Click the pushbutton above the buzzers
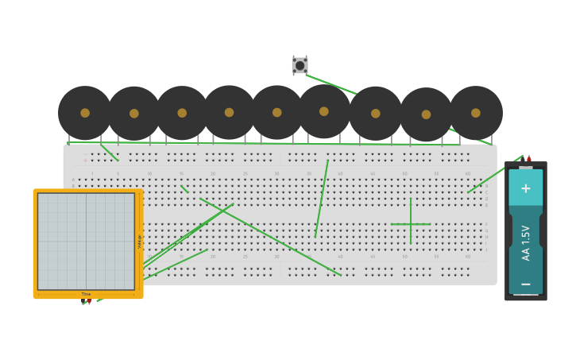coord(300,65)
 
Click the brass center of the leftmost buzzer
coord(85,113)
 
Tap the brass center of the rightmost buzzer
coord(476,113)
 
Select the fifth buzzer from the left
coord(277,112)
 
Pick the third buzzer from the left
coord(182,113)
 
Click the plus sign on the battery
coord(525,188)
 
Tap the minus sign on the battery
coord(525,284)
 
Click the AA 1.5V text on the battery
coord(526,242)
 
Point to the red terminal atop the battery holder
coord(529,159)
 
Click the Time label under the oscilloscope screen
coord(86,294)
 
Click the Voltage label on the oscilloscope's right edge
coord(140,241)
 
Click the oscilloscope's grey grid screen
coord(86,241)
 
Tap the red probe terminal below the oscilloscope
coord(89,301)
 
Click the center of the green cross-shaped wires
coord(411,224)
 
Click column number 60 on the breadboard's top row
coord(468,173)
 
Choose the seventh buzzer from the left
coord(376,114)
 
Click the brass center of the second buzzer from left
coord(134,114)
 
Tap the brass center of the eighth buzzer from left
coord(427,114)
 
